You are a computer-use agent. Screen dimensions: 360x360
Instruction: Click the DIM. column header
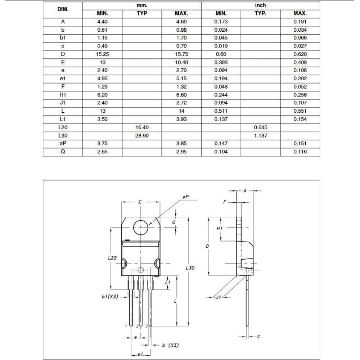point(63,9)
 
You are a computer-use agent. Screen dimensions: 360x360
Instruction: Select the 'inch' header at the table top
point(260,5)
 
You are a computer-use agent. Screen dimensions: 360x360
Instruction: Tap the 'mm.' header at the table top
point(142,5)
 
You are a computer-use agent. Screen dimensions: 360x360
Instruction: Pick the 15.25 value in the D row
point(102,54)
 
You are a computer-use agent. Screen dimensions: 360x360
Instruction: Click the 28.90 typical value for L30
point(142,136)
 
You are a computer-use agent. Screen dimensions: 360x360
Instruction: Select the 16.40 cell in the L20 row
point(142,127)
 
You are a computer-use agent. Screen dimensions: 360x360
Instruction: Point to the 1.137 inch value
point(260,136)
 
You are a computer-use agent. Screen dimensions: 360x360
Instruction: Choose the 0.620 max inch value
point(300,54)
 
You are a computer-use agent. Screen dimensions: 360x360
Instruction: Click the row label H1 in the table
point(63,95)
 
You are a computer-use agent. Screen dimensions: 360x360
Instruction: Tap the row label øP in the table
point(63,144)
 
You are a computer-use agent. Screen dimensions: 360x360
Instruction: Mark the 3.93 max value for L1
point(181,119)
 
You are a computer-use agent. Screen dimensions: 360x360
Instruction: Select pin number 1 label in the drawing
point(126,326)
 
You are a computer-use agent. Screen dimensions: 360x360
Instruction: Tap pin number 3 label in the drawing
point(147,326)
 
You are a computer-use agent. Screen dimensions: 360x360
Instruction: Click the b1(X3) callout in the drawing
point(110,297)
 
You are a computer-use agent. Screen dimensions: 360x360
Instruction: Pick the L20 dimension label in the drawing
point(112,258)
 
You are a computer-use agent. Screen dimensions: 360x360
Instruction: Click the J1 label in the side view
point(218,297)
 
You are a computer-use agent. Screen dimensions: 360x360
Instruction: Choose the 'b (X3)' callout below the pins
point(170,345)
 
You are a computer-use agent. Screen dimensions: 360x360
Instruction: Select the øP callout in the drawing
point(186,197)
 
